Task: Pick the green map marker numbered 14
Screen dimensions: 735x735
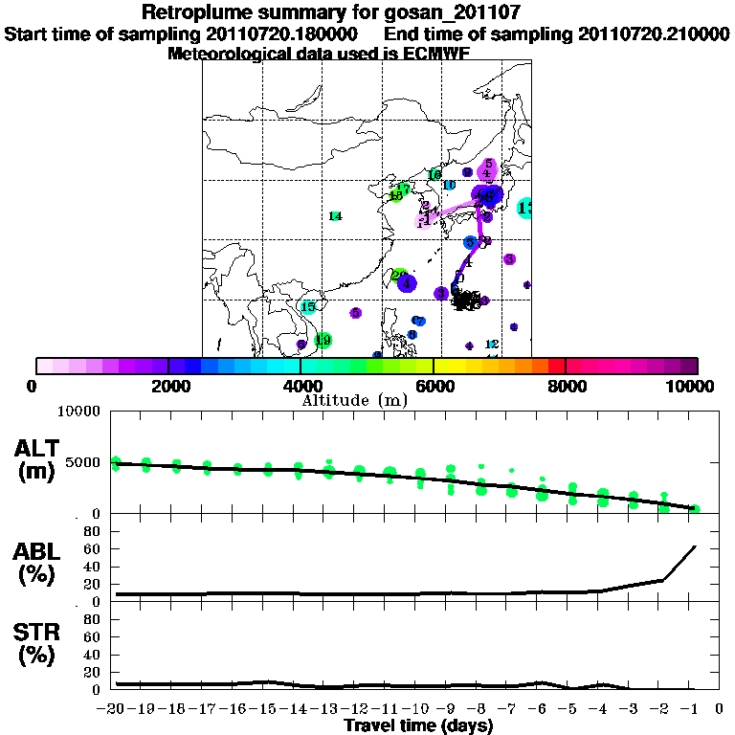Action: pos(335,216)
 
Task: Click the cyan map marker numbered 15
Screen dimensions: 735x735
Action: pos(308,307)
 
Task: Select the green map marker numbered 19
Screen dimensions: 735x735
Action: pos(323,340)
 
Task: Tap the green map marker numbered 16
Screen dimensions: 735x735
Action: pos(434,175)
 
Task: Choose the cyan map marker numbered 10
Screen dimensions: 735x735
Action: pos(448,185)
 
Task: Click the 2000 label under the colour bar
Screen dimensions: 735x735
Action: pos(167,386)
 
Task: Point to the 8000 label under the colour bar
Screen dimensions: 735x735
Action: pos(566,386)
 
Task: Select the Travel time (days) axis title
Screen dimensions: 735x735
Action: pos(418,726)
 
